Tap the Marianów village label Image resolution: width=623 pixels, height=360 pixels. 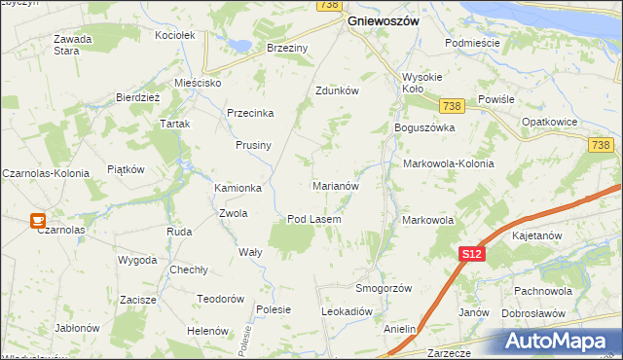(336, 185)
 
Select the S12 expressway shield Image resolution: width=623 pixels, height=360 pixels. (471, 254)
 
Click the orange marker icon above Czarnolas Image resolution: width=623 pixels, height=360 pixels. (38, 221)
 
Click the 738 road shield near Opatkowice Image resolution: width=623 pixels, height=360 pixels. (601, 145)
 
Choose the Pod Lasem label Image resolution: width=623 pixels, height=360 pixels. (313, 220)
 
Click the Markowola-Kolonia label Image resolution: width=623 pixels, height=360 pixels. (448, 163)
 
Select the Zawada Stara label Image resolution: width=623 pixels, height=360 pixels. (72, 45)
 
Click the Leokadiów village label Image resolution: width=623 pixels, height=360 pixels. (348, 311)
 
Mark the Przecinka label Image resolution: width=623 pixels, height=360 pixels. (250, 113)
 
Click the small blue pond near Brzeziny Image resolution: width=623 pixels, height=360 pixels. (237, 43)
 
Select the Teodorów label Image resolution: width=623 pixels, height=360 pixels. (219, 299)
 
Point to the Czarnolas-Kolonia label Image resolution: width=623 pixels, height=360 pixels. (45, 172)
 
